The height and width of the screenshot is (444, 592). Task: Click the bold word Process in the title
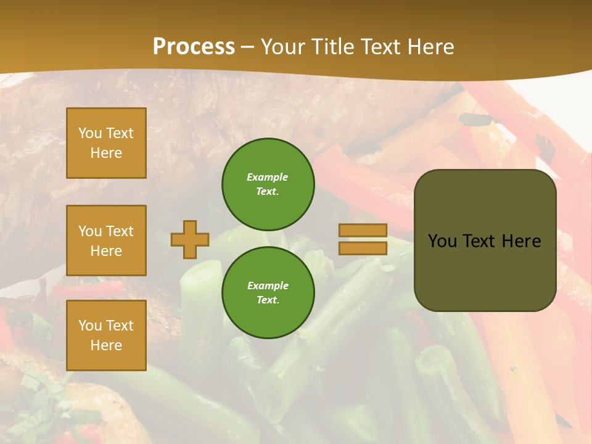click(x=194, y=47)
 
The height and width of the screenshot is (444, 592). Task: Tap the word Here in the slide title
click(x=430, y=47)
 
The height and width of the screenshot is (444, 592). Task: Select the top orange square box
click(x=106, y=143)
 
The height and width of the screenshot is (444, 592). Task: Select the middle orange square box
click(x=106, y=240)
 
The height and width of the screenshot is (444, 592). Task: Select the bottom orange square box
click(x=106, y=335)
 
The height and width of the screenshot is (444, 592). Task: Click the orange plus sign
click(x=190, y=239)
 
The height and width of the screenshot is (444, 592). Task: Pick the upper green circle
click(x=268, y=184)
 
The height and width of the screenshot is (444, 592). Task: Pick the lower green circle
click(x=268, y=292)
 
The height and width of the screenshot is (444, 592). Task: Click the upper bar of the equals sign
click(x=363, y=231)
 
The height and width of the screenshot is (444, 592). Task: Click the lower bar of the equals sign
click(x=363, y=248)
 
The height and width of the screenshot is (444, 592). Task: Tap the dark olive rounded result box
click(x=485, y=271)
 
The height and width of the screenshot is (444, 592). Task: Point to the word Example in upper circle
click(x=268, y=177)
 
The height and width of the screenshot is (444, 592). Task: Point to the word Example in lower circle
click(x=268, y=286)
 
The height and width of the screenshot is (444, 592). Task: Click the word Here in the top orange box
click(x=106, y=153)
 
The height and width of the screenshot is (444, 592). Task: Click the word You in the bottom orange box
click(x=89, y=326)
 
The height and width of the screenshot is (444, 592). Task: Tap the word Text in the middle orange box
click(x=120, y=231)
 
